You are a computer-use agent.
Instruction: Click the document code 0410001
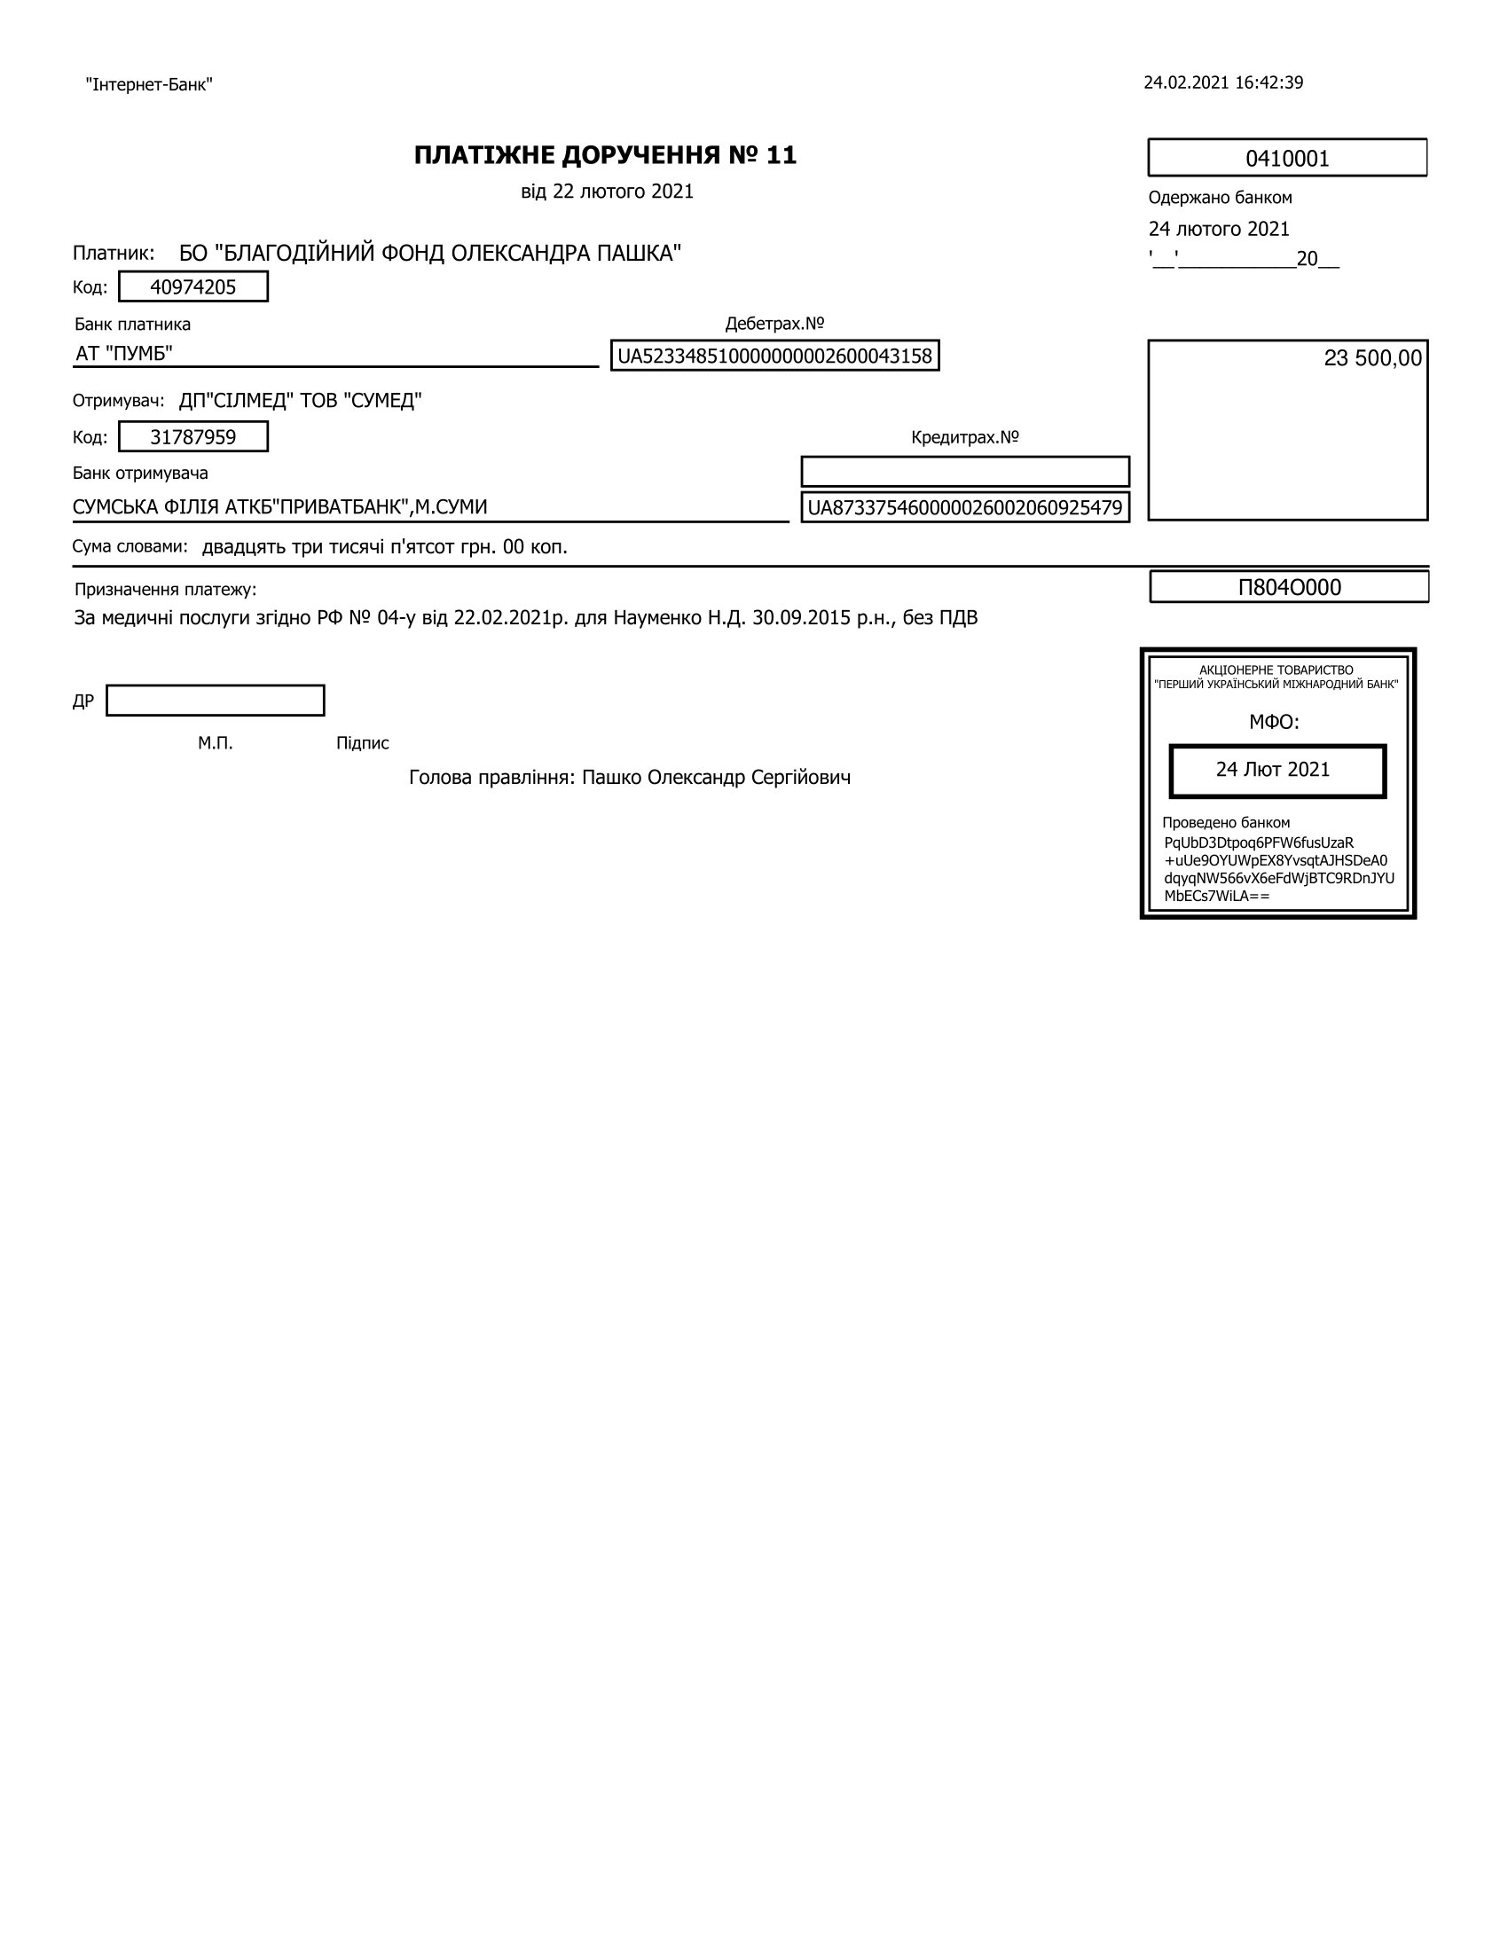pos(1286,159)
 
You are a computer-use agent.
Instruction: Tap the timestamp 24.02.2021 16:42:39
pos(1223,83)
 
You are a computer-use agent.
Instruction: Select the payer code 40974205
pos(193,286)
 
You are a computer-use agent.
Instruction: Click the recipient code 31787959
pos(193,437)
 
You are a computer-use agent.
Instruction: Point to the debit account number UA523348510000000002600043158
pos(774,356)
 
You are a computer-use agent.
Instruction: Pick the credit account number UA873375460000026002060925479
pos(965,507)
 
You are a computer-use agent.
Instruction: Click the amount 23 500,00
pos(1372,358)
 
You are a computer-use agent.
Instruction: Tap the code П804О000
pos(1289,587)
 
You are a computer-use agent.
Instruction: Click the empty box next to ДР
pos(216,701)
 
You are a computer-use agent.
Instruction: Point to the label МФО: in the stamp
pos(1274,722)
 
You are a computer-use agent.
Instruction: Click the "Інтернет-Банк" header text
pos(149,85)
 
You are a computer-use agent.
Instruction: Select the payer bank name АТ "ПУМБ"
pos(124,354)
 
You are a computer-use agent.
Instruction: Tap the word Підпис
pos(363,743)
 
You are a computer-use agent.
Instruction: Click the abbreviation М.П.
pos(216,743)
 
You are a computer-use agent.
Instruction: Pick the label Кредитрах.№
pos(965,438)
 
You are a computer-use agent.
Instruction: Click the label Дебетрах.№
pos(774,324)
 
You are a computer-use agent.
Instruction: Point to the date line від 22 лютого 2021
pos(608,192)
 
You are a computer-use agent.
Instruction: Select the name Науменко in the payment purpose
pos(653,617)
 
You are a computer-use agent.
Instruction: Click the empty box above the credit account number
pos(965,472)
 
